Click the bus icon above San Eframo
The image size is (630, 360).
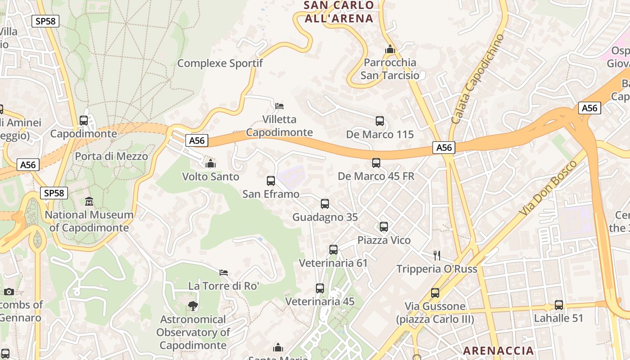[271, 181]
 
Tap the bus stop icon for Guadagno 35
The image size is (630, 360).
[325, 204]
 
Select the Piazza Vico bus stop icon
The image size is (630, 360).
[384, 227]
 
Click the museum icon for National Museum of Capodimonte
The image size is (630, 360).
[89, 202]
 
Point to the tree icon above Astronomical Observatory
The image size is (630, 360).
[193, 306]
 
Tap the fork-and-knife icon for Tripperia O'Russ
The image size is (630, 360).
[436, 256]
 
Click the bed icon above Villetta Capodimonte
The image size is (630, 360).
[279, 106]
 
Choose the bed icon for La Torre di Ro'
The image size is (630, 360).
[224, 272]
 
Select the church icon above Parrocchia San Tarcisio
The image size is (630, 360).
[390, 49]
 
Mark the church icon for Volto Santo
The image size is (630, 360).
[211, 163]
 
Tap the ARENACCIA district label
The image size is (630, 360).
[498, 351]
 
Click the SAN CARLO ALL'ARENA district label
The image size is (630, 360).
[339, 12]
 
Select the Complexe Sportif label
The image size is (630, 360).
[220, 63]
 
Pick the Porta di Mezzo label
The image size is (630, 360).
[111, 156]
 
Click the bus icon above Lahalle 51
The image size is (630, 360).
[559, 305]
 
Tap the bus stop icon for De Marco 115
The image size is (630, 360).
[380, 121]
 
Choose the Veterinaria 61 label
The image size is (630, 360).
[333, 263]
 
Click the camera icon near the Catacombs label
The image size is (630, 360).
[9, 292]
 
